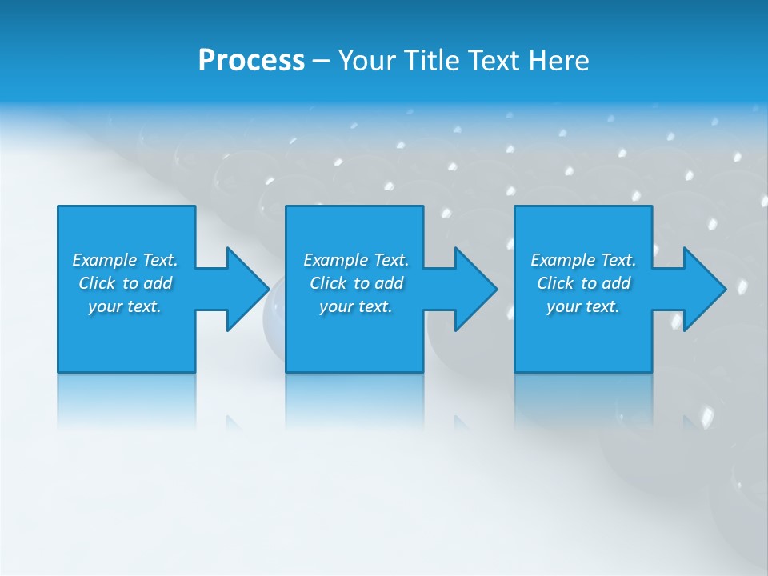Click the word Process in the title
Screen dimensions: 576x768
251,61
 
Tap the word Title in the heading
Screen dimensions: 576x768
430,61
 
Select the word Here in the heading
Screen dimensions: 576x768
558,61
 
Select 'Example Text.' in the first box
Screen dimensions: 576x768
125,260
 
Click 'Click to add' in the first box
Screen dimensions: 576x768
125,283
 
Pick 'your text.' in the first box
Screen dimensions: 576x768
125,306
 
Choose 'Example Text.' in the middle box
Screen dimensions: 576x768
356,260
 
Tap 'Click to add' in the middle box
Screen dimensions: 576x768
356,283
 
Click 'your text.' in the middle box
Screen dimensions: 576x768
356,306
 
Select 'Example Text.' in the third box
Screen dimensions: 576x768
583,260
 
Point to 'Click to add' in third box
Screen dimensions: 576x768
583,283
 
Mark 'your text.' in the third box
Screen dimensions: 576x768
583,306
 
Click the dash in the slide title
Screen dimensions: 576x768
321,61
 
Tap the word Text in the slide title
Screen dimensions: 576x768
491,61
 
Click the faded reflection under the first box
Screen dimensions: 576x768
126,400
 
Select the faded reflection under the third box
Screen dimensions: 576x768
583,400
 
